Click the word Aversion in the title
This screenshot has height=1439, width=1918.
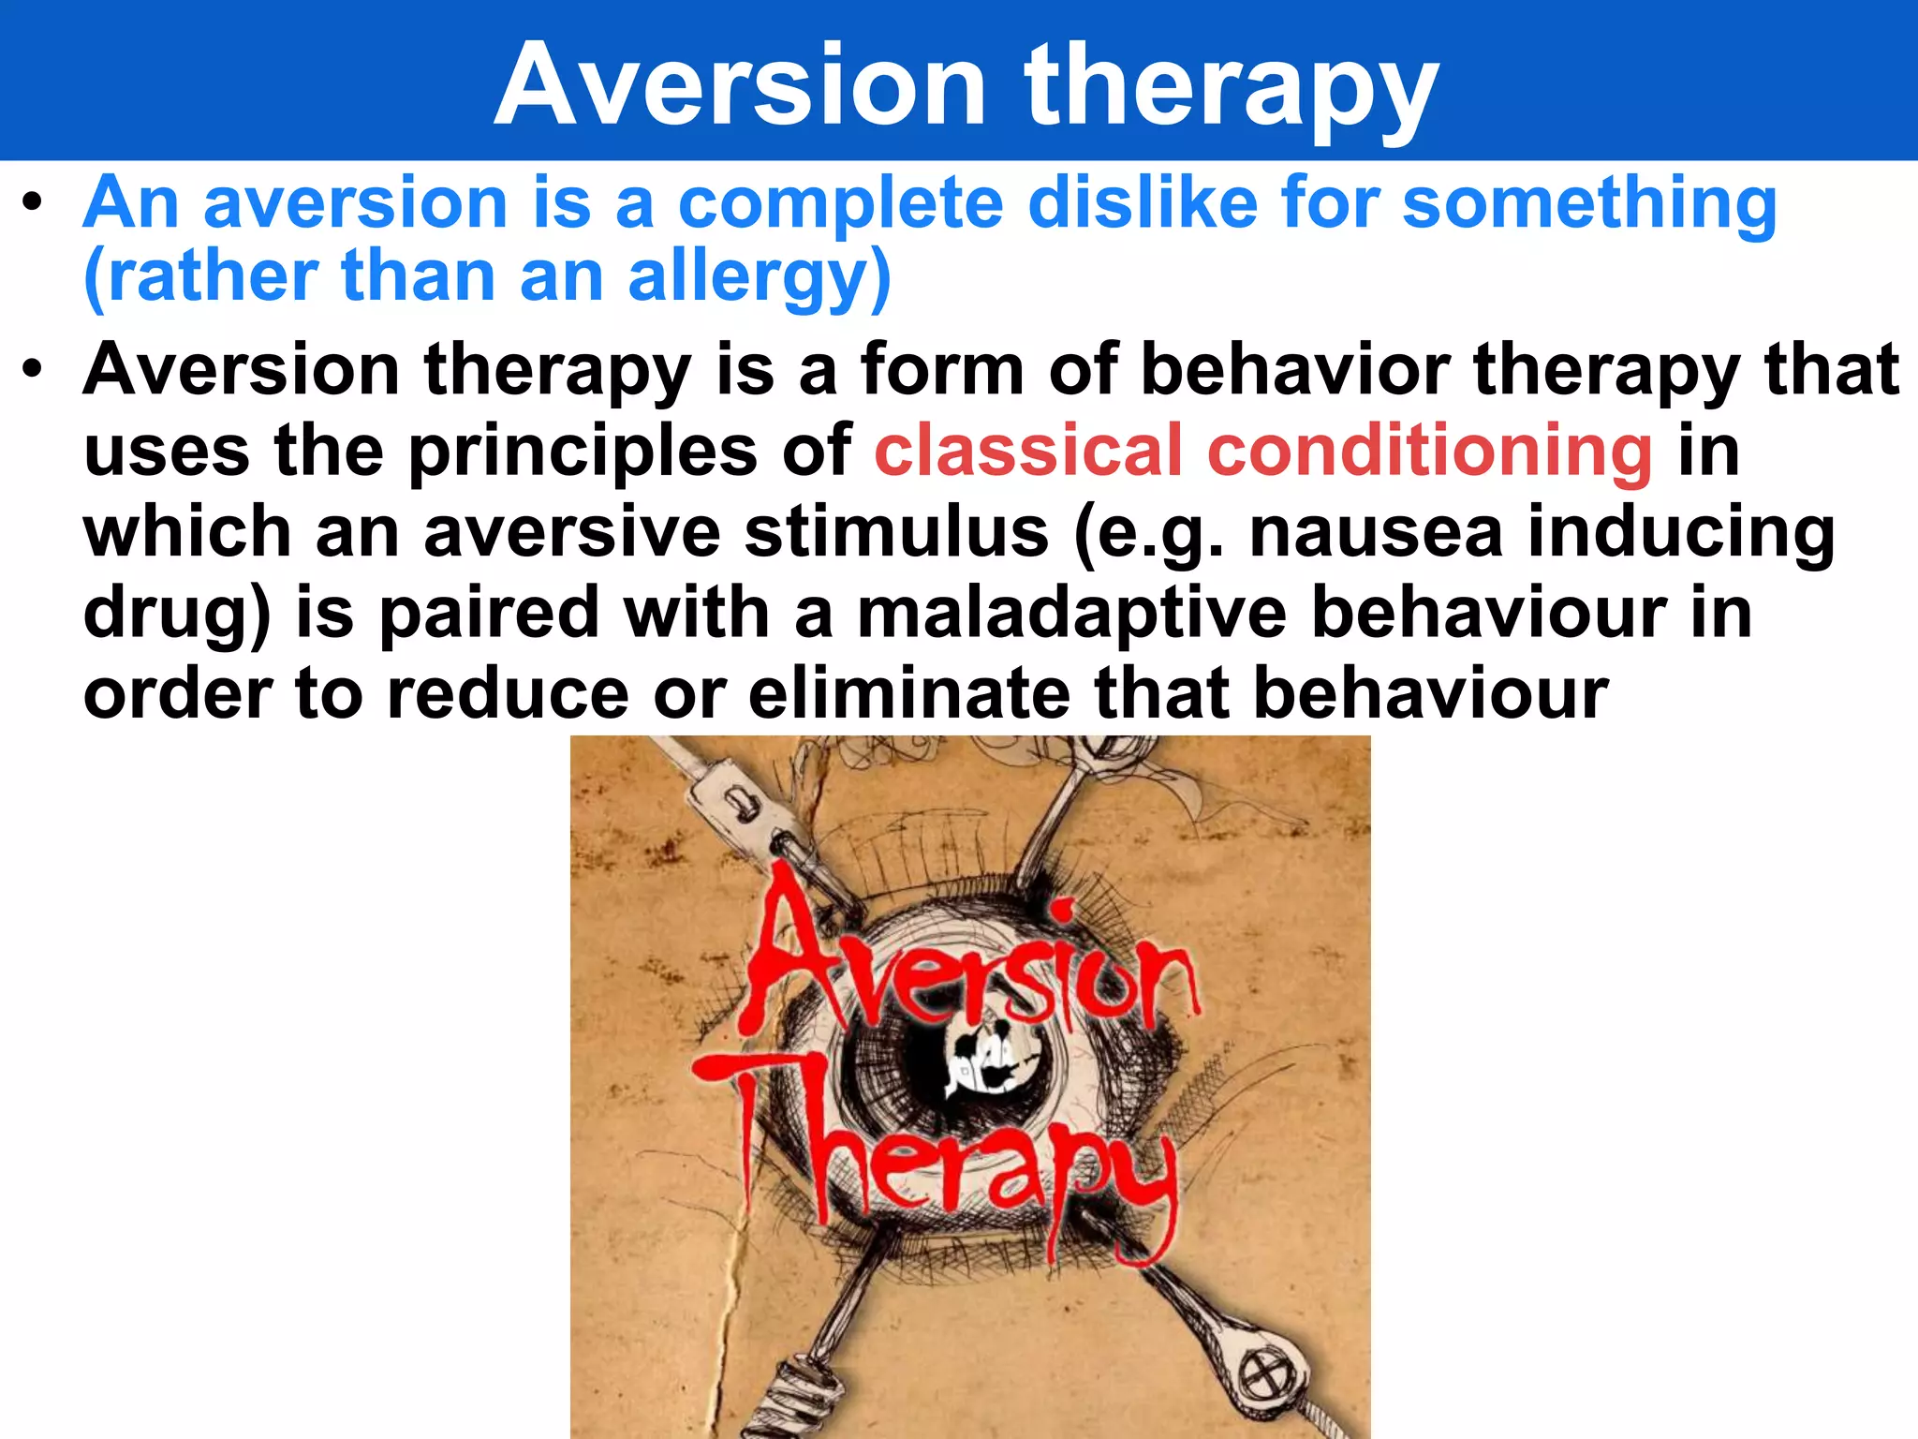point(740,86)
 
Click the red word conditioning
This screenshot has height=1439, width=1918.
point(1430,451)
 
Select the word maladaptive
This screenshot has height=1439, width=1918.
point(1072,613)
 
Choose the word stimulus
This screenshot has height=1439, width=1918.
point(896,532)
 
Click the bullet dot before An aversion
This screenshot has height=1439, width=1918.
point(34,202)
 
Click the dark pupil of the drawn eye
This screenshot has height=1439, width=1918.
point(983,1059)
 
